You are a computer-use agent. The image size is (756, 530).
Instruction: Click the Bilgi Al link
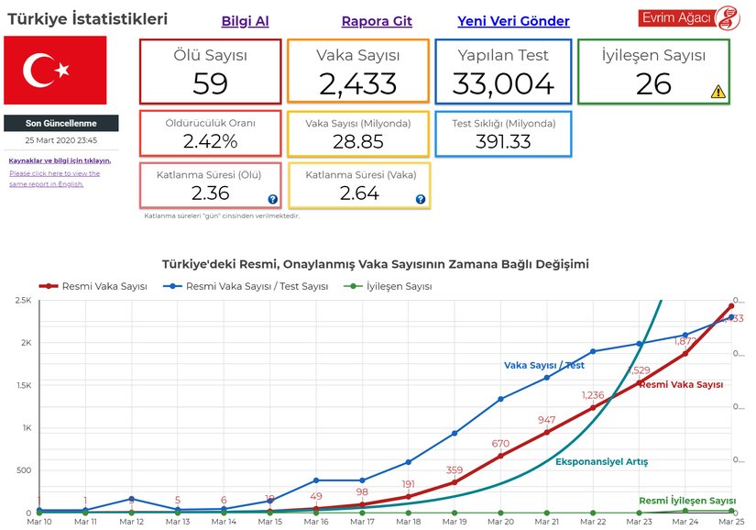[245, 21]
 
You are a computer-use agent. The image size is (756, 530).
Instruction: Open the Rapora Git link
[376, 21]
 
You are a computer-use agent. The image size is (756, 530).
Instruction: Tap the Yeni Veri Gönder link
[513, 21]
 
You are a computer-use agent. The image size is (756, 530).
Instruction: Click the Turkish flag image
[55, 70]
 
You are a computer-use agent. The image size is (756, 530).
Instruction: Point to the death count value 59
[210, 83]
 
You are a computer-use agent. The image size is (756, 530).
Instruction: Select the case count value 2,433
[357, 83]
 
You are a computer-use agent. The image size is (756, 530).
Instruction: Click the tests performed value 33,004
[504, 83]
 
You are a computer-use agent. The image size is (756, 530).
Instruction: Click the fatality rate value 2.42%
[210, 141]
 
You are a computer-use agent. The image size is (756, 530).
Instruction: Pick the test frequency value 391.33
[503, 141]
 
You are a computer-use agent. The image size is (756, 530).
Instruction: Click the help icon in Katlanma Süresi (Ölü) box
[272, 199]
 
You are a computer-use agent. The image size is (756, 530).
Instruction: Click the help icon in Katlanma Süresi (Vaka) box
[420, 199]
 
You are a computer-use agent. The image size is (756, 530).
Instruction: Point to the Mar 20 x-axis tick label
[500, 522]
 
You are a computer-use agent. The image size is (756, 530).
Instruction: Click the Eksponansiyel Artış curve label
[601, 461]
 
